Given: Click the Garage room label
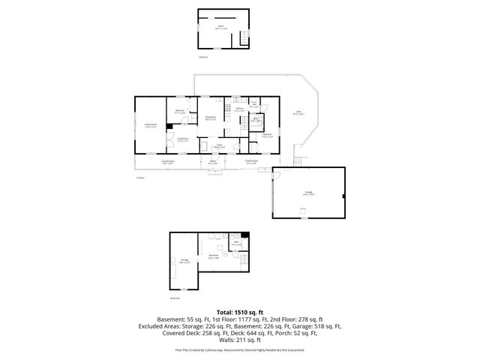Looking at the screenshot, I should coord(309,193).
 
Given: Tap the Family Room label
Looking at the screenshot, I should coord(150,125).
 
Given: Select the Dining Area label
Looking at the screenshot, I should coord(211,118).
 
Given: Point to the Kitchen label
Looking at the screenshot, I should coord(238,110).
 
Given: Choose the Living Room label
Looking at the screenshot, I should coord(182,139).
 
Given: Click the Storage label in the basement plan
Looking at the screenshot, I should coord(184,261).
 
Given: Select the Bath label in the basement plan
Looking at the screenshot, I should coord(236,242).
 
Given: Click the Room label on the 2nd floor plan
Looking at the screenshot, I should coord(221,26).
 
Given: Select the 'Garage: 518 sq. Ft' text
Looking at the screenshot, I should coord(321,326).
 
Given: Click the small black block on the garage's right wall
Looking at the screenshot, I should coord(343,196).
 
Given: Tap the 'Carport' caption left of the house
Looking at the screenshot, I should coord(139,178).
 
